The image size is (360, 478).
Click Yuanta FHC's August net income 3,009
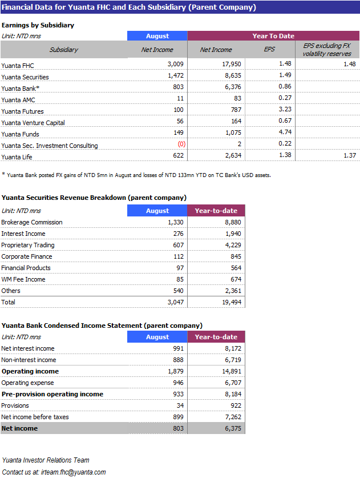pyautogui.click(x=175, y=64)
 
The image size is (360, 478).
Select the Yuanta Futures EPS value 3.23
pyautogui.click(x=285, y=109)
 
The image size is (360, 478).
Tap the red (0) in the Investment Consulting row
pyautogui.click(x=181, y=144)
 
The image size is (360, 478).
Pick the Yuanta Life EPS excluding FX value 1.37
pyautogui.click(x=350, y=155)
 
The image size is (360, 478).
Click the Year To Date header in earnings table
pyautogui.click(x=273, y=36)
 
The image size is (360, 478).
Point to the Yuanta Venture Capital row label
pyautogui.click(x=33, y=123)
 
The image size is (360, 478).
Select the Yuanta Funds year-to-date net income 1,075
pyautogui.click(x=233, y=132)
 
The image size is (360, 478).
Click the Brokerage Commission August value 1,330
pyautogui.click(x=175, y=222)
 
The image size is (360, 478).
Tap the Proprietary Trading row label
pyautogui.click(x=28, y=245)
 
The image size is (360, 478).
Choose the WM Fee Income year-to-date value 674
pyautogui.click(x=236, y=279)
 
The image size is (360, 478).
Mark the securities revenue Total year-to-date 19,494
pyautogui.click(x=232, y=302)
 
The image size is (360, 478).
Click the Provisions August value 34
pyautogui.click(x=180, y=405)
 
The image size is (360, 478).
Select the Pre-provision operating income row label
pyautogui.click(x=52, y=394)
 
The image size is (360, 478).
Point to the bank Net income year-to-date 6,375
pyautogui.click(x=233, y=428)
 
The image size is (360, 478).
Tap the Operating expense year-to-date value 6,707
pyautogui.click(x=233, y=383)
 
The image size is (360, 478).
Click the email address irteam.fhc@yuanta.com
pyautogui.click(x=73, y=472)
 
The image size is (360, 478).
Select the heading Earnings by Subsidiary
pyautogui.click(x=38, y=25)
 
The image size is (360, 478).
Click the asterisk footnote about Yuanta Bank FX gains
pyautogui.click(x=136, y=175)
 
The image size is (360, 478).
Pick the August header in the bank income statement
pyautogui.click(x=157, y=337)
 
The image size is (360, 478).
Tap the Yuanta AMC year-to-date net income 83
pyautogui.click(x=237, y=98)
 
